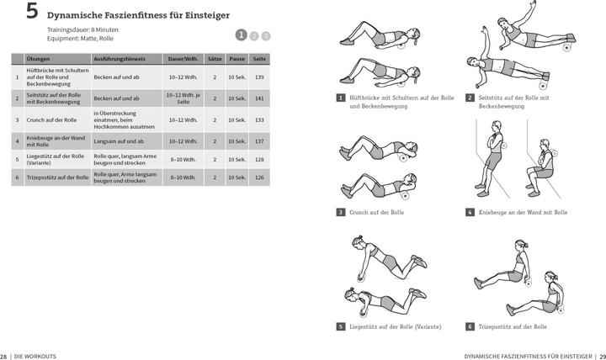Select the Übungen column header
click(38, 59)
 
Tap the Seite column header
click(259, 59)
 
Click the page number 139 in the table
click(259, 77)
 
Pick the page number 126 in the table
click(259, 177)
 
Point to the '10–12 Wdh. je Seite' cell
click(183, 98)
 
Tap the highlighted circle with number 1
click(241, 35)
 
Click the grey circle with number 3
click(265, 35)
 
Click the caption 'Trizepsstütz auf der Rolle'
click(513, 326)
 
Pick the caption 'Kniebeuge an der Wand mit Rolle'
click(522, 212)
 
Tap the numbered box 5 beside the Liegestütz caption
click(340, 326)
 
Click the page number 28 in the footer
click(4, 356)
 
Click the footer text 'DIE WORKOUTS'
click(36, 356)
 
